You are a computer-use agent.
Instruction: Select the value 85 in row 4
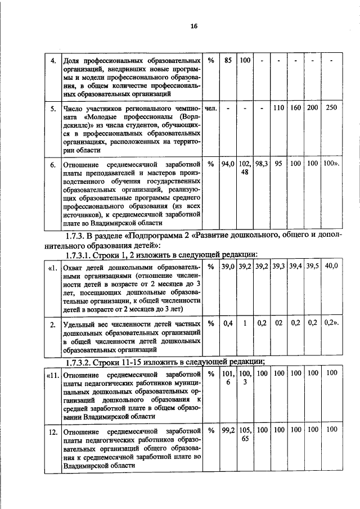tap(228, 60)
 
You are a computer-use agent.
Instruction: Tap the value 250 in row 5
tap(332, 108)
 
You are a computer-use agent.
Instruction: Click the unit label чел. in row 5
tap(211, 108)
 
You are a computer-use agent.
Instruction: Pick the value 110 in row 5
tap(278, 108)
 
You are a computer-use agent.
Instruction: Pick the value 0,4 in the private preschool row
tap(228, 323)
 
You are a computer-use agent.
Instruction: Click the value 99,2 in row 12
tap(228, 430)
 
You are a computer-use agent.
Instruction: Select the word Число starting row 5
tap(73, 109)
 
